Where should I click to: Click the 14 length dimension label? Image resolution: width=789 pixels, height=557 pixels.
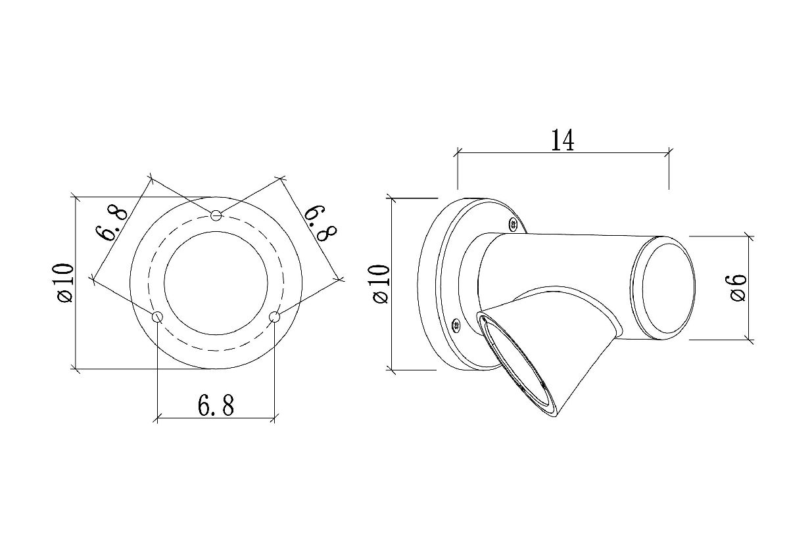pos(563,140)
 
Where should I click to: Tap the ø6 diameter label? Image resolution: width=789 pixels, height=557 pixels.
pos(738,288)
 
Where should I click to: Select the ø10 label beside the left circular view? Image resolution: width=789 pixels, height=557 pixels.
pos(66,282)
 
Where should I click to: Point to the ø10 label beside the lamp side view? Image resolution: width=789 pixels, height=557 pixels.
pos(381,284)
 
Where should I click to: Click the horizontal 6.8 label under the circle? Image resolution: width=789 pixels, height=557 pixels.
pos(216,405)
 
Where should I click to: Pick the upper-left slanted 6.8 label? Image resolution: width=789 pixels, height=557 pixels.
pos(110,224)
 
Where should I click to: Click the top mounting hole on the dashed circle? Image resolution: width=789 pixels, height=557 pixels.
pos(216,215)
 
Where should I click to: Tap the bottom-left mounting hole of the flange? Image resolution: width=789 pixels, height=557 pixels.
pos(157,317)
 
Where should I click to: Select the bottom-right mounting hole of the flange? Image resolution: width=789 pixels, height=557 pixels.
pos(274,317)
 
